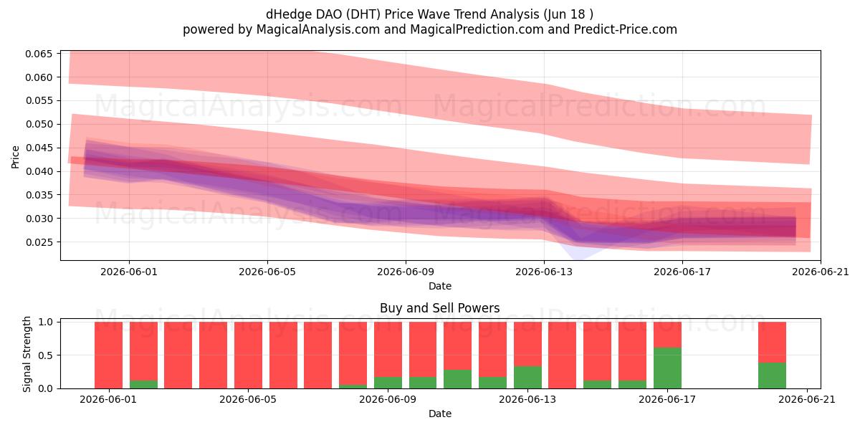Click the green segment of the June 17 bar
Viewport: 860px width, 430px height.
coord(667,368)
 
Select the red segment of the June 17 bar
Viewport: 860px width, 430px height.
coord(667,335)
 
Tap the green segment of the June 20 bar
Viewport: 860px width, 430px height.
coord(772,376)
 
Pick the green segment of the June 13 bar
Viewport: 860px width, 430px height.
coord(527,378)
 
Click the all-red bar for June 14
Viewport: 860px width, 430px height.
coord(563,355)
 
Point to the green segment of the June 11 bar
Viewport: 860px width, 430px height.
coord(458,379)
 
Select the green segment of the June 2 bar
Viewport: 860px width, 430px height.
coord(143,384)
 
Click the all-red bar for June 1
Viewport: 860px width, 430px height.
coord(109,355)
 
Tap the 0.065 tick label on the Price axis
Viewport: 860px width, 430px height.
coord(39,54)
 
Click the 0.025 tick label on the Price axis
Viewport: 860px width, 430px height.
coord(39,242)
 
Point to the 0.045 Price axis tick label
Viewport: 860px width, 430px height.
coord(39,148)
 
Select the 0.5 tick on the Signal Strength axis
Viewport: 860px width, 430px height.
coord(46,355)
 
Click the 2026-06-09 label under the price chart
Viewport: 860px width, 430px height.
coord(406,272)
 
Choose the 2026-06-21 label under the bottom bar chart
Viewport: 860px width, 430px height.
coord(807,400)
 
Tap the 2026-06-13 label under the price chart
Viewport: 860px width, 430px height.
coord(544,272)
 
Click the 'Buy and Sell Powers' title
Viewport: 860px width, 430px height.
coord(439,308)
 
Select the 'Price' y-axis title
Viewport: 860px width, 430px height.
coord(15,157)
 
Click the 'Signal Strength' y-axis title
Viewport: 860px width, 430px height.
coord(27,354)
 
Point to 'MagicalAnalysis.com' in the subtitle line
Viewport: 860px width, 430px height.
coord(318,29)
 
